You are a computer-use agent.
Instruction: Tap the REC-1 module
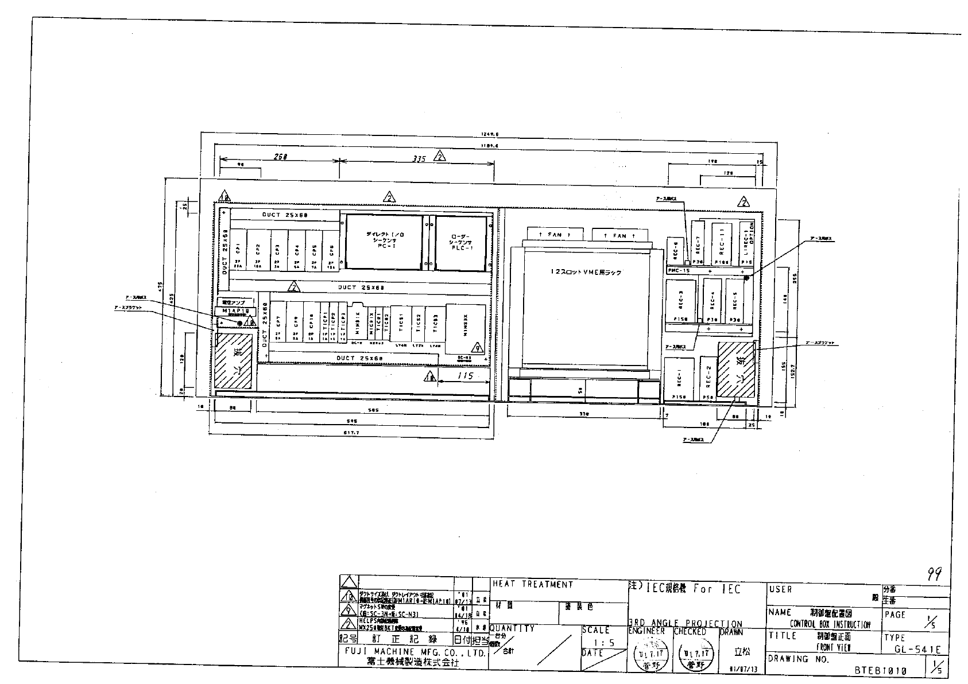click(x=679, y=378)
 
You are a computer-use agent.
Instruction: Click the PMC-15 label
click(x=680, y=270)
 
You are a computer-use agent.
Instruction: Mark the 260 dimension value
click(x=280, y=156)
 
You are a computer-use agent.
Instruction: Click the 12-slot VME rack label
click(x=584, y=273)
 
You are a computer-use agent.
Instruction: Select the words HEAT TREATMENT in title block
click(x=533, y=585)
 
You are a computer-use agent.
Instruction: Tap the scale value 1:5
click(x=604, y=643)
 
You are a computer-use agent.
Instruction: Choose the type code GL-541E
click(x=917, y=650)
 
